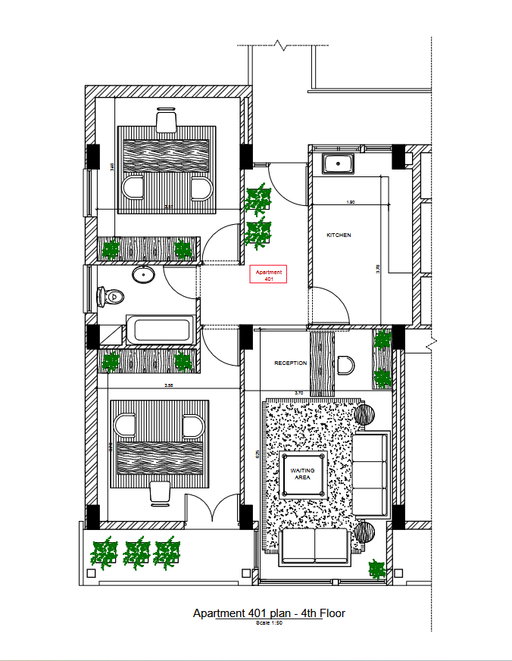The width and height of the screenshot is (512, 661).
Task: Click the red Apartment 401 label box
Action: (268, 275)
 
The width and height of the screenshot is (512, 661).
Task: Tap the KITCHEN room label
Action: (339, 235)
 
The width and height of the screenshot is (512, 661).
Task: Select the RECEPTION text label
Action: (290, 363)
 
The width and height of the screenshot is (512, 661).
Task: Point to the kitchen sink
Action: (334, 164)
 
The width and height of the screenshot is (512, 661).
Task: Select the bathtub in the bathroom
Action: (161, 330)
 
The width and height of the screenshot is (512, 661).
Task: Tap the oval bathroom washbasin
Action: (142, 274)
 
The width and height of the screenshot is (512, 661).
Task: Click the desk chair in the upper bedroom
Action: (167, 121)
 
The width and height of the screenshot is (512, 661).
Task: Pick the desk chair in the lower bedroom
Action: (161, 491)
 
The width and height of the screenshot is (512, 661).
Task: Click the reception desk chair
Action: (345, 366)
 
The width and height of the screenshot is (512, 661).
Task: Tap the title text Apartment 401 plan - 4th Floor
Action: (269, 613)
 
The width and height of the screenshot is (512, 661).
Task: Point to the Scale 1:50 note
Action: (269, 622)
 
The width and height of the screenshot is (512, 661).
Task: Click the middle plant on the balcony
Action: (136, 553)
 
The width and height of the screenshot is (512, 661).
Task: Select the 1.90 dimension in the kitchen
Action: (351, 203)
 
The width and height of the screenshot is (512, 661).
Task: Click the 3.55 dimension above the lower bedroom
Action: (170, 386)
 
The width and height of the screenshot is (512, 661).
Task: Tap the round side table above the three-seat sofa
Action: (365, 415)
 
